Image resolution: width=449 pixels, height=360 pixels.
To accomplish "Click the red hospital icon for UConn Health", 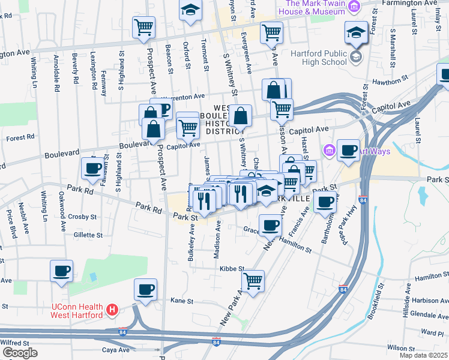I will point(111,310).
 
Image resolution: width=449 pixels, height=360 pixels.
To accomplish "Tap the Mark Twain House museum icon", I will point(354,7).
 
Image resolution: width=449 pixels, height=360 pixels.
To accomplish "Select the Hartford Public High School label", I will point(318,58).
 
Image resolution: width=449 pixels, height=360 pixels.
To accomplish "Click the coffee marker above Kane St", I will point(145,290).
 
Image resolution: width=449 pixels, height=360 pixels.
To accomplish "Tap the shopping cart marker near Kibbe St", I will point(253,280).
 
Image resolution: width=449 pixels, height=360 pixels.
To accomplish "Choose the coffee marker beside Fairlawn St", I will point(92,169).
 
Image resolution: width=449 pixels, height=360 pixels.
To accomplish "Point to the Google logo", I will point(20,352).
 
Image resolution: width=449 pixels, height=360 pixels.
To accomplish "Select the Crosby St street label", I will point(83,216).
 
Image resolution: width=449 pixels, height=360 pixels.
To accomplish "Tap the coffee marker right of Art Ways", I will point(348,150).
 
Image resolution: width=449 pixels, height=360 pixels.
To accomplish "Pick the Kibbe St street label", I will point(232,269).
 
